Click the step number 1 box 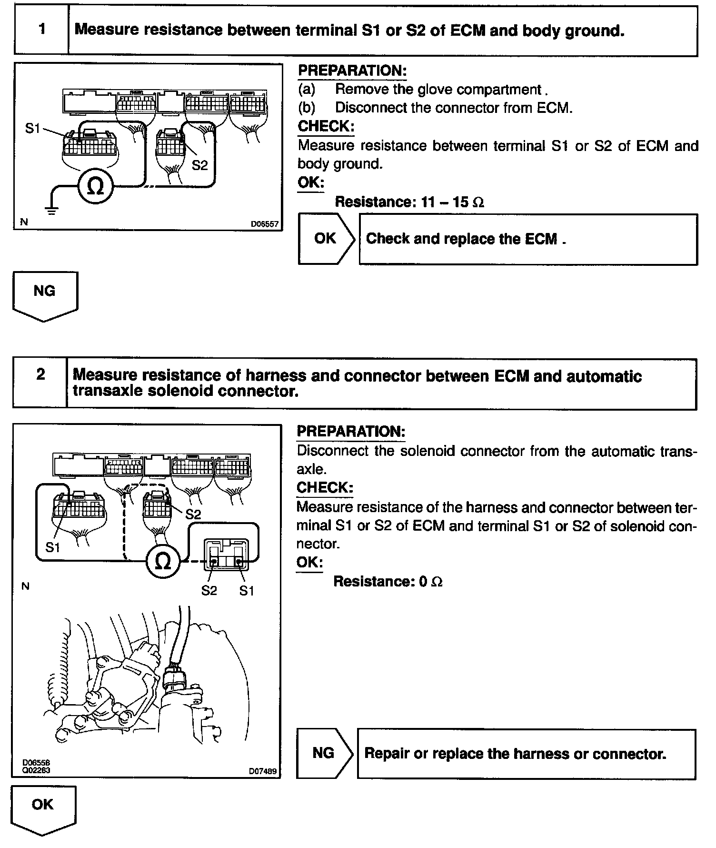(41, 30)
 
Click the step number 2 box (40, 383)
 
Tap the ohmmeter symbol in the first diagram (96, 187)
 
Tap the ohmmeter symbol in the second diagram (163, 561)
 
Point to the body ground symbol (52, 210)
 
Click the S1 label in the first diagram (33, 128)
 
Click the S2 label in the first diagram (200, 165)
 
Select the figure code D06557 (264, 223)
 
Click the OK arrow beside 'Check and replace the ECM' (326, 239)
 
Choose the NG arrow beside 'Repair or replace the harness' (324, 753)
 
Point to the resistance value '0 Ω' (431, 582)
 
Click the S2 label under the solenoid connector (209, 591)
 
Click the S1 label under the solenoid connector (247, 591)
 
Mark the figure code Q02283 (36, 770)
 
